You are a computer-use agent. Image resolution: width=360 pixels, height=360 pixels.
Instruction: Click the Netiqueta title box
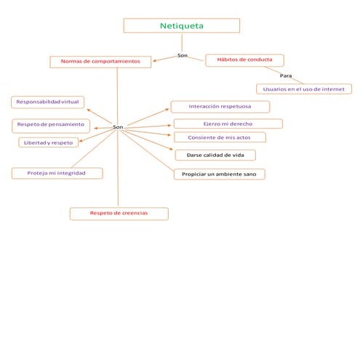click(181, 26)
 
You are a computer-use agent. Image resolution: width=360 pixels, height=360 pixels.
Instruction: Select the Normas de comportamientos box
click(100, 62)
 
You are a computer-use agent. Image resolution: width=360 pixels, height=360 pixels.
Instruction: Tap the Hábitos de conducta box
click(244, 60)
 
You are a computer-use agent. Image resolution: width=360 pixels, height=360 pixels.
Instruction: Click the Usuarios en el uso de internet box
click(303, 89)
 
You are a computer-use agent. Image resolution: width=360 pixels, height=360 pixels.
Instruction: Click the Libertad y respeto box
click(48, 143)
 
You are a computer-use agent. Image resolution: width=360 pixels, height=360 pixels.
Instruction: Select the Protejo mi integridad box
click(57, 173)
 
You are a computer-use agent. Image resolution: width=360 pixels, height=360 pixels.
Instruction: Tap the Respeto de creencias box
click(119, 213)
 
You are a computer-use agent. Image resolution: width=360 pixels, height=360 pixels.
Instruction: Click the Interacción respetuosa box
click(220, 107)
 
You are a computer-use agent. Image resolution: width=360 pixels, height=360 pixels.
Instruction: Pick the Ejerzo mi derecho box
click(228, 124)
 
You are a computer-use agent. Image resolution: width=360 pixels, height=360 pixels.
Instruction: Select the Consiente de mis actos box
click(220, 137)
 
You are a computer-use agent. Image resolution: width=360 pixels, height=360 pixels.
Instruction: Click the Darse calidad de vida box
click(215, 155)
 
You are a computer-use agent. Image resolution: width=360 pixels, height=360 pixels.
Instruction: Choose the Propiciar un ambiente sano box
click(219, 175)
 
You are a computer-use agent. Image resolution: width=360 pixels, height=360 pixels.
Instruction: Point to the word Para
click(286, 76)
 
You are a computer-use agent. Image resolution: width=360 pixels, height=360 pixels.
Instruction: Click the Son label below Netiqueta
click(183, 56)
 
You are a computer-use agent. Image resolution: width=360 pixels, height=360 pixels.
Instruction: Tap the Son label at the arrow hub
click(118, 127)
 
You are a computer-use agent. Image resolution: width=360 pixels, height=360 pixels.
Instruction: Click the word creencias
click(134, 213)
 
